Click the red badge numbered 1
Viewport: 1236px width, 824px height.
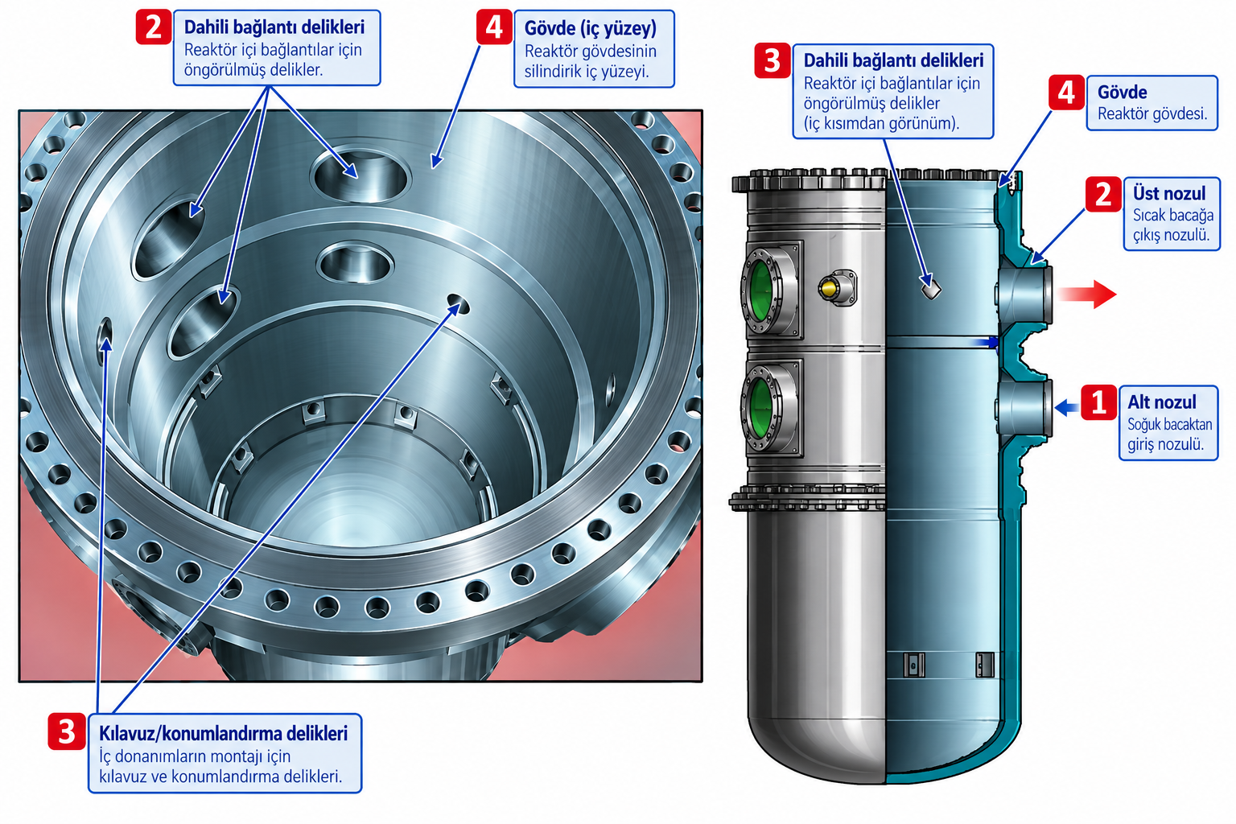click(1098, 402)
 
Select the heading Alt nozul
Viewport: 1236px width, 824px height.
click(1161, 402)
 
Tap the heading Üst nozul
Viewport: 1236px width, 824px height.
click(1169, 194)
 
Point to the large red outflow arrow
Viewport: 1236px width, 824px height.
click(1087, 294)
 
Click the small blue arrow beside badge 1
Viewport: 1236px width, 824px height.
click(1066, 408)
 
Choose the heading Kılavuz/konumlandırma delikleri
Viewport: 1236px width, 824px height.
click(224, 734)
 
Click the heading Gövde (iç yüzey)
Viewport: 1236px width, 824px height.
click(591, 28)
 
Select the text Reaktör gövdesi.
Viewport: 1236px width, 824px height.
click(1152, 113)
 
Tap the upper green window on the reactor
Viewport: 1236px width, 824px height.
click(761, 290)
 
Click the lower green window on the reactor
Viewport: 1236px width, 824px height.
click(761, 409)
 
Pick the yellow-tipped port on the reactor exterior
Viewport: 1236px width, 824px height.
click(837, 287)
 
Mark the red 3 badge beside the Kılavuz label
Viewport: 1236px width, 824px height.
click(67, 731)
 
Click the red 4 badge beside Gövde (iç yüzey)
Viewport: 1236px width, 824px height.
click(494, 27)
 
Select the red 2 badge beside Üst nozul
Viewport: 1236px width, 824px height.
click(1103, 194)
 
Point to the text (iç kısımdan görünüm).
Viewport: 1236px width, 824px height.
click(881, 123)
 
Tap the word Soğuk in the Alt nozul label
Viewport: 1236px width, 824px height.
click(1146, 424)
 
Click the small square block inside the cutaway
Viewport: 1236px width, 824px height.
click(931, 287)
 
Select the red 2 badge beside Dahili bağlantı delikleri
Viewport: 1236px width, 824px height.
click(154, 27)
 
